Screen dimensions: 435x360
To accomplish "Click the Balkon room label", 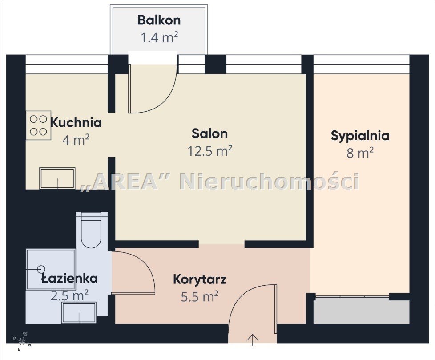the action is (x=159, y=20).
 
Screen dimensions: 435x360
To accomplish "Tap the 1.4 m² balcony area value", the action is (x=159, y=37).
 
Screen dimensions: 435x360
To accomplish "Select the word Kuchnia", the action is (x=76, y=123).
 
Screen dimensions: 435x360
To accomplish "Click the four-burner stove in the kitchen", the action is (x=39, y=125).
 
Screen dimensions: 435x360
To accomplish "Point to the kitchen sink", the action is (x=57, y=178).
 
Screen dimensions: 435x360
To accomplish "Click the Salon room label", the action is (x=210, y=133).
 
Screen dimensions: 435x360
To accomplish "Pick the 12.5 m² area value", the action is (x=210, y=151).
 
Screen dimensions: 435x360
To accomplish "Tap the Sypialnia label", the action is (x=360, y=136).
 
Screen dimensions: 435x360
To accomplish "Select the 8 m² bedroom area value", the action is (x=360, y=153).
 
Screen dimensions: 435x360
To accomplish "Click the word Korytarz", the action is (x=200, y=279).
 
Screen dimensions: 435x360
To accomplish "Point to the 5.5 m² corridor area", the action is (x=200, y=297).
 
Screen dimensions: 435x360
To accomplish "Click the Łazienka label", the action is (x=70, y=279).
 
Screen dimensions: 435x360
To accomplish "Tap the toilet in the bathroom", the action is (x=91, y=230).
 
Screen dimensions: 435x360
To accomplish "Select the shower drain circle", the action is (x=41, y=269).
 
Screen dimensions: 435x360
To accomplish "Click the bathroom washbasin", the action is (x=79, y=312).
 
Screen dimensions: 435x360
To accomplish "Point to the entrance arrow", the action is (x=253, y=340).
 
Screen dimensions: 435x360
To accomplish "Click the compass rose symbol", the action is (x=22, y=341).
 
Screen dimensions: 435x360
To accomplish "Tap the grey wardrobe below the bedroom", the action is (x=362, y=311).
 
